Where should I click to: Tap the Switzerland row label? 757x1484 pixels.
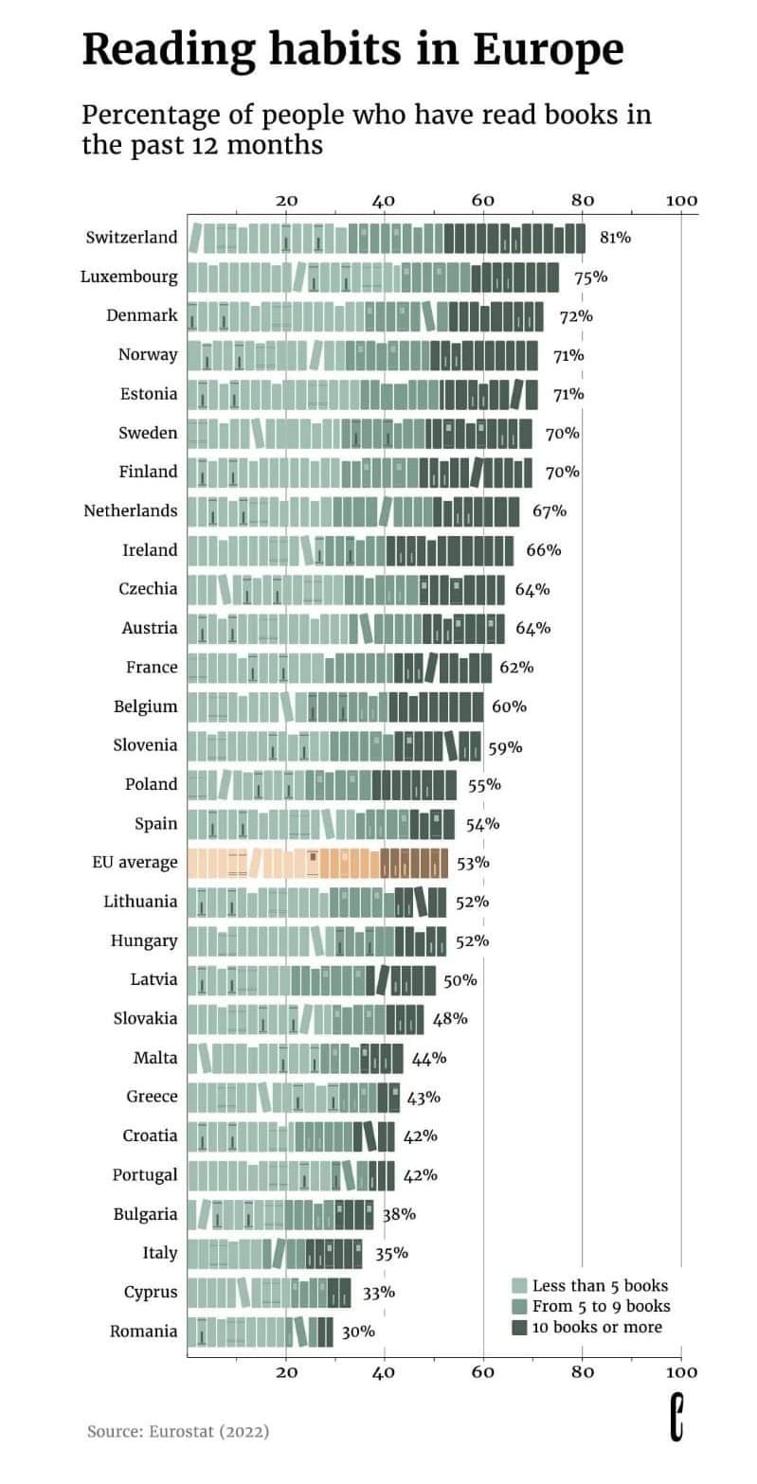pyautogui.click(x=132, y=237)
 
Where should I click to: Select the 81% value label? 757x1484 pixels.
pyautogui.click(x=616, y=238)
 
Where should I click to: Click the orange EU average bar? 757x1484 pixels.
pyautogui.click(x=317, y=863)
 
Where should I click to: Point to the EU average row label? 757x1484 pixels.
pyautogui.click(x=135, y=862)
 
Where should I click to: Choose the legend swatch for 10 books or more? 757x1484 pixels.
pyautogui.click(x=519, y=1328)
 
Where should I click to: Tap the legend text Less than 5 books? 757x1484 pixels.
pyautogui.click(x=600, y=1285)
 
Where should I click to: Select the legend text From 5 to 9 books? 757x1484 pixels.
pyautogui.click(x=601, y=1306)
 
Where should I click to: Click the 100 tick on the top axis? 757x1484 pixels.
pyautogui.click(x=681, y=200)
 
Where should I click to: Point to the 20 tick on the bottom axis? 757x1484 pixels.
pyautogui.click(x=286, y=1371)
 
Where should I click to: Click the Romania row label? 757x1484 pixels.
pyautogui.click(x=144, y=1331)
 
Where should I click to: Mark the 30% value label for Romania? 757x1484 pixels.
pyautogui.click(x=358, y=1332)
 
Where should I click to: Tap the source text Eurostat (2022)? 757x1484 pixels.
pyautogui.click(x=209, y=1431)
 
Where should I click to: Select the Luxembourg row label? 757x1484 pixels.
pyautogui.click(x=129, y=277)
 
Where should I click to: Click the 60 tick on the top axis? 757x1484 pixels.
pyautogui.click(x=483, y=200)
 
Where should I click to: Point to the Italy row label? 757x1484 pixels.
pyautogui.click(x=160, y=1252)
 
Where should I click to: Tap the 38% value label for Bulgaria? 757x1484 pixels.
pyautogui.click(x=399, y=1213)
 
